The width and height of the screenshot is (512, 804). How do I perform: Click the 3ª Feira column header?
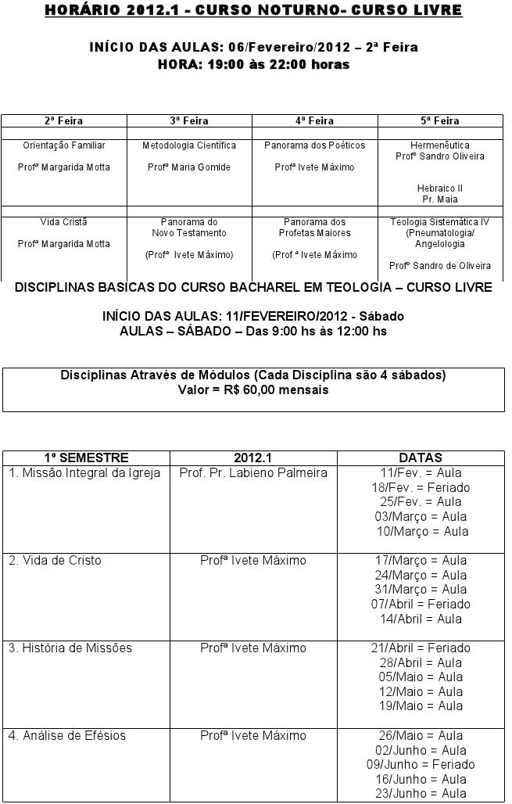[189, 121]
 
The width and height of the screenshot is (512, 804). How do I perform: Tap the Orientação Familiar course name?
[64, 145]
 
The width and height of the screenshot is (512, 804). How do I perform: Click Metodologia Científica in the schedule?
[189, 145]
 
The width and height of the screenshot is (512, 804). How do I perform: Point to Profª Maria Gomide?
[189, 167]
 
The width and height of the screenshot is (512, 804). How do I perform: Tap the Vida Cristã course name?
[64, 222]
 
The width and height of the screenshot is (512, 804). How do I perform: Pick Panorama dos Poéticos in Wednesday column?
[314, 145]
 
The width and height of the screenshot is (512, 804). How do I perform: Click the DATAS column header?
[421, 458]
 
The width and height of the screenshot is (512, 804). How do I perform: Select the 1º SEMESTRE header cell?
[86, 458]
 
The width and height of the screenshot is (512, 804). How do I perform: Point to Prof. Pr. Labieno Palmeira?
[253, 473]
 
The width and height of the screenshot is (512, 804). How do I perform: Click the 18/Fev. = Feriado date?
[421, 487]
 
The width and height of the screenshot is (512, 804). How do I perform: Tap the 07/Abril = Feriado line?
[421, 604]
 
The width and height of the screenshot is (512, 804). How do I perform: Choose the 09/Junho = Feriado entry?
[421, 764]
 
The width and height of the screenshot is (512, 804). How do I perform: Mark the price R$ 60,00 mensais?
[253, 389]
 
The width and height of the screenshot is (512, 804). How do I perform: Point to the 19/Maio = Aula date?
[421, 705]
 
